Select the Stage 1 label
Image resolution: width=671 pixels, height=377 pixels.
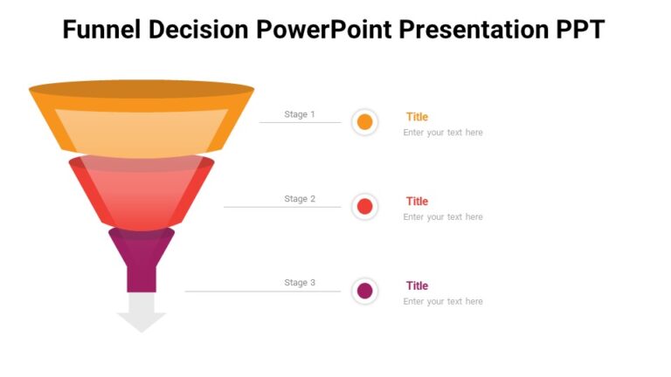(300, 114)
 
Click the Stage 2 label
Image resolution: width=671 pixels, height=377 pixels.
(300, 199)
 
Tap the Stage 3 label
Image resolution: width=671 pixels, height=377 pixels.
(300, 283)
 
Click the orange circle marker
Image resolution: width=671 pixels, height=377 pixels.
(365, 122)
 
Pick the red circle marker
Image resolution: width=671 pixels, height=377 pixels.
(365, 207)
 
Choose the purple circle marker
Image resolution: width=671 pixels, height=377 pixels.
(365, 291)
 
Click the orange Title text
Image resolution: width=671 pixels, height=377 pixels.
(417, 117)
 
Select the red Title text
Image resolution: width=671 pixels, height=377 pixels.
(417, 202)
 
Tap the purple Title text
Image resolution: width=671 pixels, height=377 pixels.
(417, 285)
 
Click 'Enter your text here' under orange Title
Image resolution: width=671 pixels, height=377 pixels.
(443, 133)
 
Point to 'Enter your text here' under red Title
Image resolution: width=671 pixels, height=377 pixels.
(443, 217)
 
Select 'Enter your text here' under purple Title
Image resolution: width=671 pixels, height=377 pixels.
(443, 301)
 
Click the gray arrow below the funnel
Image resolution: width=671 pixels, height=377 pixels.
(142, 312)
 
